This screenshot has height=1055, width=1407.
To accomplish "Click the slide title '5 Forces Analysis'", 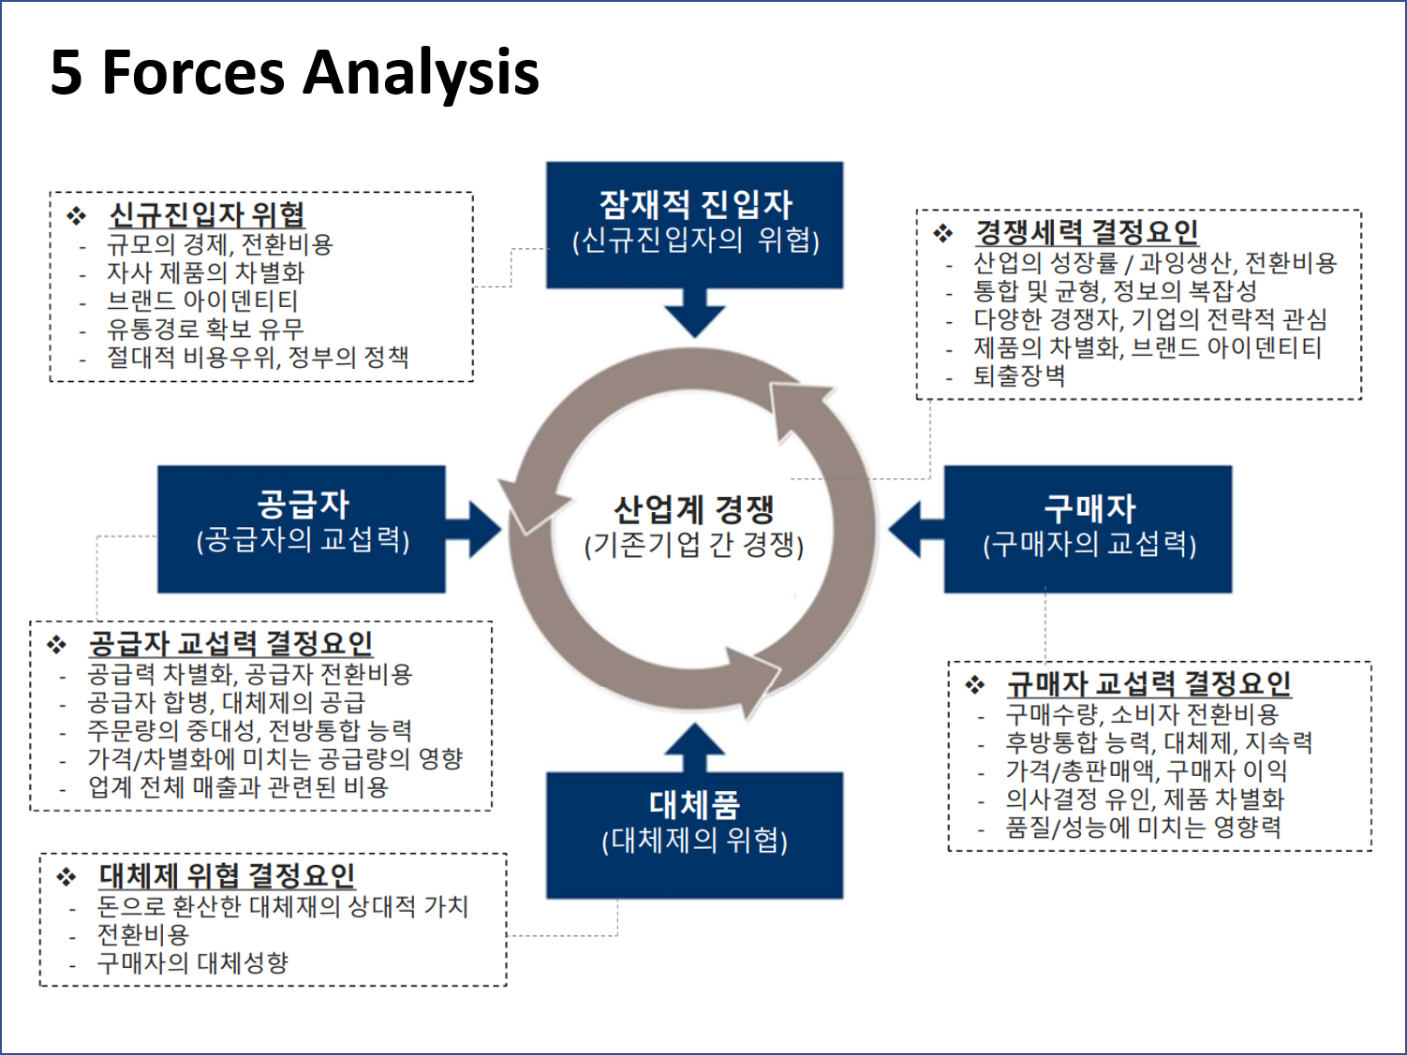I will click(x=294, y=73).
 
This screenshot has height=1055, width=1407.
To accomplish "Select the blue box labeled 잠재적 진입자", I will click(x=694, y=225).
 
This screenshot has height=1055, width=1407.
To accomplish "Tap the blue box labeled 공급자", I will click(x=301, y=529).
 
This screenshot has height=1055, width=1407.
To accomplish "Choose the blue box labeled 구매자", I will click(x=1088, y=529).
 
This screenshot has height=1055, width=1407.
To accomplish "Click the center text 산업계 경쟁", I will click(x=694, y=510).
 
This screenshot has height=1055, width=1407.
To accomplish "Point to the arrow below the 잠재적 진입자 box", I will click(x=694, y=313).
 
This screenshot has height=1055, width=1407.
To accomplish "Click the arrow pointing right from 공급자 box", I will click(x=476, y=530).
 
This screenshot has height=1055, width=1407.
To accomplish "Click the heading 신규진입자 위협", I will click(x=207, y=214).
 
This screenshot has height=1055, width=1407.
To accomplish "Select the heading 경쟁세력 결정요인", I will click(x=1087, y=231).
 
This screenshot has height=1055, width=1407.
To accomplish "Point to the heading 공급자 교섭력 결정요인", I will click(x=230, y=643).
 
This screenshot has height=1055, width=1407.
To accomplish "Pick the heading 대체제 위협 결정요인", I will click(x=227, y=875).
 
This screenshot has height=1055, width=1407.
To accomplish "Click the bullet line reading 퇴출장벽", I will click(x=1019, y=376).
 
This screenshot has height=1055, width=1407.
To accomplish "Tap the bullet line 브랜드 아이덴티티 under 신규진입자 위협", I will click(x=202, y=300).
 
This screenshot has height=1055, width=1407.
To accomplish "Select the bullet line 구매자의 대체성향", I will click(x=193, y=962).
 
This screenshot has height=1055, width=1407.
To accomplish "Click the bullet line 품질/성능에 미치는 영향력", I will click(x=1143, y=828).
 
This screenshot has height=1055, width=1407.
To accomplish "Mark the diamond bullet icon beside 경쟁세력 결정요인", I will click(x=942, y=233).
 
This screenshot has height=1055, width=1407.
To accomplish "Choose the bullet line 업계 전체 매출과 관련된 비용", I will click(x=238, y=787).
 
